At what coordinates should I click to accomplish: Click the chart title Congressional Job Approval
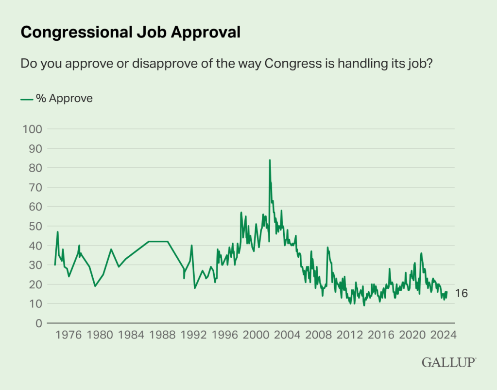(x=130, y=32)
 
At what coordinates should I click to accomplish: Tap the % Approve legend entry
(x=56, y=99)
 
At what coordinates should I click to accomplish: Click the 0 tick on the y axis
(x=37, y=323)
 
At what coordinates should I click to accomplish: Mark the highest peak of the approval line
(x=270, y=160)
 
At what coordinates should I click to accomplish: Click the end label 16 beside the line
(x=461, y=293)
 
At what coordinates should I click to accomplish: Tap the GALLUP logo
(x=448, y=362)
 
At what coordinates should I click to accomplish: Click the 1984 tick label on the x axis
(x=131, y=335)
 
